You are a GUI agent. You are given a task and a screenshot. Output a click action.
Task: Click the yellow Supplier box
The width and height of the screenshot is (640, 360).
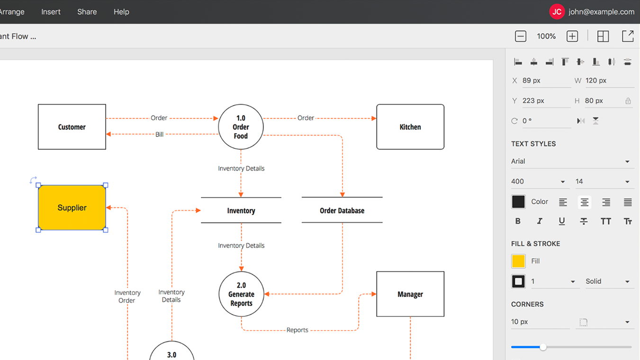click(x=72, y=207)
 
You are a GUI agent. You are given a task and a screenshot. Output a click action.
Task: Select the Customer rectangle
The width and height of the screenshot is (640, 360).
click(x=72, y=127)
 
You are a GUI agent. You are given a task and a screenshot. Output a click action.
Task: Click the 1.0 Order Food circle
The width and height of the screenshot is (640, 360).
click(x=241, y=127)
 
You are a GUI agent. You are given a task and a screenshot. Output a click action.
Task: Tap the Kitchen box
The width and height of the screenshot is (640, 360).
click(x=410, y=127)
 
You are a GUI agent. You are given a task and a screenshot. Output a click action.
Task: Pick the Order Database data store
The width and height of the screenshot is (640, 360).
click(x=342, y=210)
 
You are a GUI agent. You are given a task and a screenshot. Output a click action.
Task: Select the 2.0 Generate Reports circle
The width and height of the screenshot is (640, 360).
click(x=241, y=294)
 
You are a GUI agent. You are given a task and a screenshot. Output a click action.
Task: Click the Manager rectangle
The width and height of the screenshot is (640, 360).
click(x=410, y=294)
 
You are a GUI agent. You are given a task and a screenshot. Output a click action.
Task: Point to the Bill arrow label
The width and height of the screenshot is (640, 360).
click(x=159, y=135)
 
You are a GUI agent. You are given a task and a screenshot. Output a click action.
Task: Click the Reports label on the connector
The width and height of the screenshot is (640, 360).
click(x=297, y=330)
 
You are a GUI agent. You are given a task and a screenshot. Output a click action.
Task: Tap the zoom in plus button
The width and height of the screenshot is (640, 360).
click(x=572, y=36)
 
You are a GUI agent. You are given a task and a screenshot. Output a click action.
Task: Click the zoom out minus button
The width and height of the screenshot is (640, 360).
click(x=520, y=36)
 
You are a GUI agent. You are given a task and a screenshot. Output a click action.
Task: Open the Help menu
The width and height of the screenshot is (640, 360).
click(x=121, y=12)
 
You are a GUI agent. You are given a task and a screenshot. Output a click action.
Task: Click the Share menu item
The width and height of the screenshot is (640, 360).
click(x=87, y=12)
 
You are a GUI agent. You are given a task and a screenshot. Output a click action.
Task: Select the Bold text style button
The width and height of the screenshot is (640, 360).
click(x=518, y=221)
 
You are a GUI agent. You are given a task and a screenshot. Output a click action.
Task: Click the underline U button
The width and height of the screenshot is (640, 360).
click(x=561, y=221)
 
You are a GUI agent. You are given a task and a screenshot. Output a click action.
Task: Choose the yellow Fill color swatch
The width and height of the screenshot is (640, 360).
click(x=518, y=261)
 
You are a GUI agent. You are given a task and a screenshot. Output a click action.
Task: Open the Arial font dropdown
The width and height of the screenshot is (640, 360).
click(x=571, y=162)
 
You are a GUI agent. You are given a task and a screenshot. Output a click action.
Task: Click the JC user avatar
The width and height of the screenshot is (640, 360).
click(x=557, y=12)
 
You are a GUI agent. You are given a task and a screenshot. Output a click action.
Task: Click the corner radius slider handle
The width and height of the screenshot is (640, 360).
click(x=543, y=347)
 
